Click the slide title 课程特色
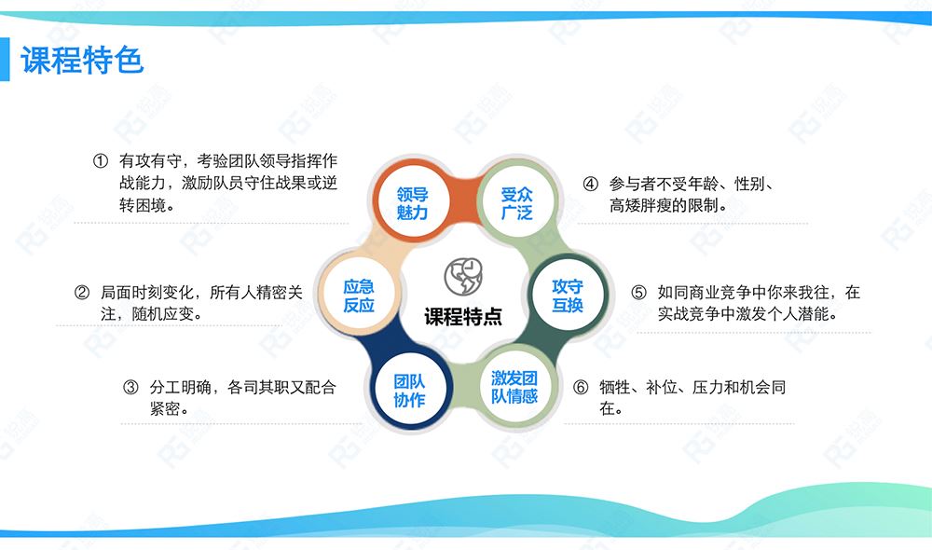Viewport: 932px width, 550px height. point(82,60)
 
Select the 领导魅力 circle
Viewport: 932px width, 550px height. point(412,203)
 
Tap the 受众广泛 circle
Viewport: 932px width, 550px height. point(516,203)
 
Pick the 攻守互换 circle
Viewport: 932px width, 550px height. point(567,296)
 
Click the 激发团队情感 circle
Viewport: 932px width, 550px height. point(514,387)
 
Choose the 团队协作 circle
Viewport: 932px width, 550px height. point(409,390)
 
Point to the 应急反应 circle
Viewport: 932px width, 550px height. point(359,296)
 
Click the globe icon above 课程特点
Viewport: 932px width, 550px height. point(463,277)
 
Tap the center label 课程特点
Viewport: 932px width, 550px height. point(463,316)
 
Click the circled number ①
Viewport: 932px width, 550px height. point(101,160)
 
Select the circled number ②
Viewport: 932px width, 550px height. point(82,292)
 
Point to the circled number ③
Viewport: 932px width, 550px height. point(130,388)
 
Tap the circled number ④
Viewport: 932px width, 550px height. point(590,184)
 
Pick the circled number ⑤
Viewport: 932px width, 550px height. point(639,292)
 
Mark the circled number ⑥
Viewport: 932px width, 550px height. point(581,388)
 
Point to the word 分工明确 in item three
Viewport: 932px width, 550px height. point(181,388)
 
